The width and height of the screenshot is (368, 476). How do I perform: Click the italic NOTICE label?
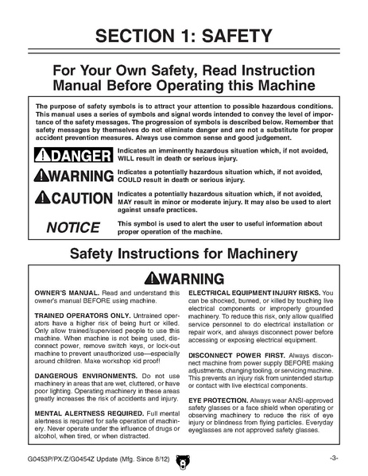72,227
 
